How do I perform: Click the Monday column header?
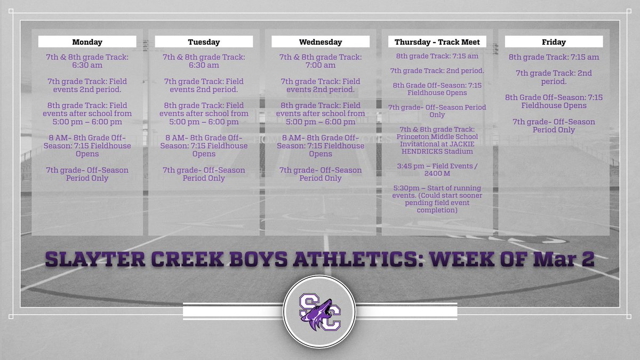(87, 42)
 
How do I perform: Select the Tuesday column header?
(204, 42)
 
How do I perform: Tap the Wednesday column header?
(320, 42)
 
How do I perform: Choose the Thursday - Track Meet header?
(437, 42)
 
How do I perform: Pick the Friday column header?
(554, 42)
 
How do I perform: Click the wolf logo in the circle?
(320, 311)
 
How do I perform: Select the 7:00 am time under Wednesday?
(321, 65)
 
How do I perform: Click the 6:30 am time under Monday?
(87, 65)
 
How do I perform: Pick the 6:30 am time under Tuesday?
(204, 65)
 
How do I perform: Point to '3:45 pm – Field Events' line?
(437, 166)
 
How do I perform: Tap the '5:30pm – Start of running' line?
(437, 188)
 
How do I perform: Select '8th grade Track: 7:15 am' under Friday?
(554, 57)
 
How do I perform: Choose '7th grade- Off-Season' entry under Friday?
(554, 122)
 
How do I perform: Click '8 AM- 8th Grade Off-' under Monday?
(87, 138)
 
